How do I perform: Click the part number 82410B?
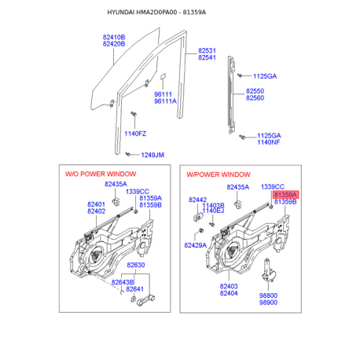113,36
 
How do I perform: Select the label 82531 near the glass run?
208,50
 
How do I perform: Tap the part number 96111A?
165,101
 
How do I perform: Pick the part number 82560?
255,98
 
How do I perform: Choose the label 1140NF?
268,143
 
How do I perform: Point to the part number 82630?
137,266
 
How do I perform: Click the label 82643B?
122,281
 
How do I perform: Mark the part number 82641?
136,289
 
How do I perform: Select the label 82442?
197,200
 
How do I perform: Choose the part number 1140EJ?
213,211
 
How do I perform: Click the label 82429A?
196,245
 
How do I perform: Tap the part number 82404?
229,293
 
